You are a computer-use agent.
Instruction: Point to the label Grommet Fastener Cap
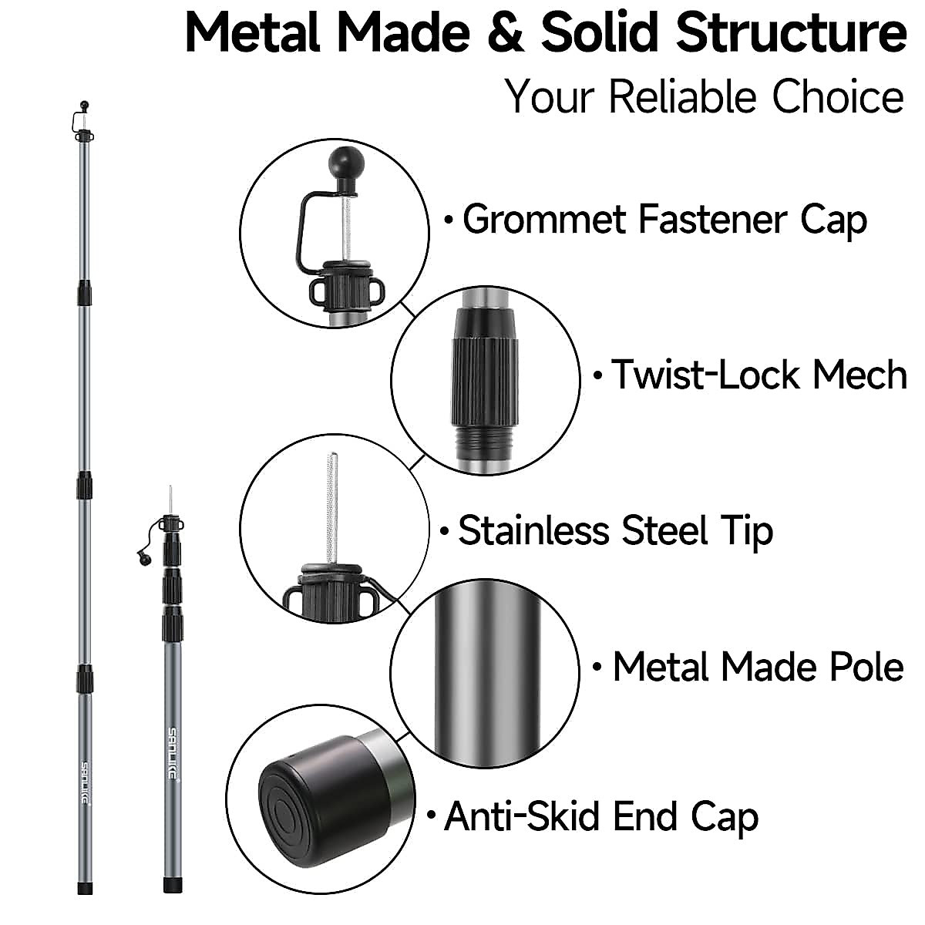coord(664,220)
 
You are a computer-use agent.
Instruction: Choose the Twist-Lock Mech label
coord(758,375)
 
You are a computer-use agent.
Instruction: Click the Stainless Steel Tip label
coord(615,531)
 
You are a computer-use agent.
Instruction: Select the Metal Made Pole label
coord(758,667)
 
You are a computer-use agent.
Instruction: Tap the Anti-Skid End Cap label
coord(601,817)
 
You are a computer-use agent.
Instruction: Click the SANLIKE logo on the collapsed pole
coord(173,752)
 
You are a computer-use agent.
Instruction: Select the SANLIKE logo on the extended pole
coord(86,783)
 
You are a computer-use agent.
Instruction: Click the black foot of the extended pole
coord(86,888)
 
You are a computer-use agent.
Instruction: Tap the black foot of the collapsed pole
coord(173,888)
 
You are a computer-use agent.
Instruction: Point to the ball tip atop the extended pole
coord(84,104)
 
